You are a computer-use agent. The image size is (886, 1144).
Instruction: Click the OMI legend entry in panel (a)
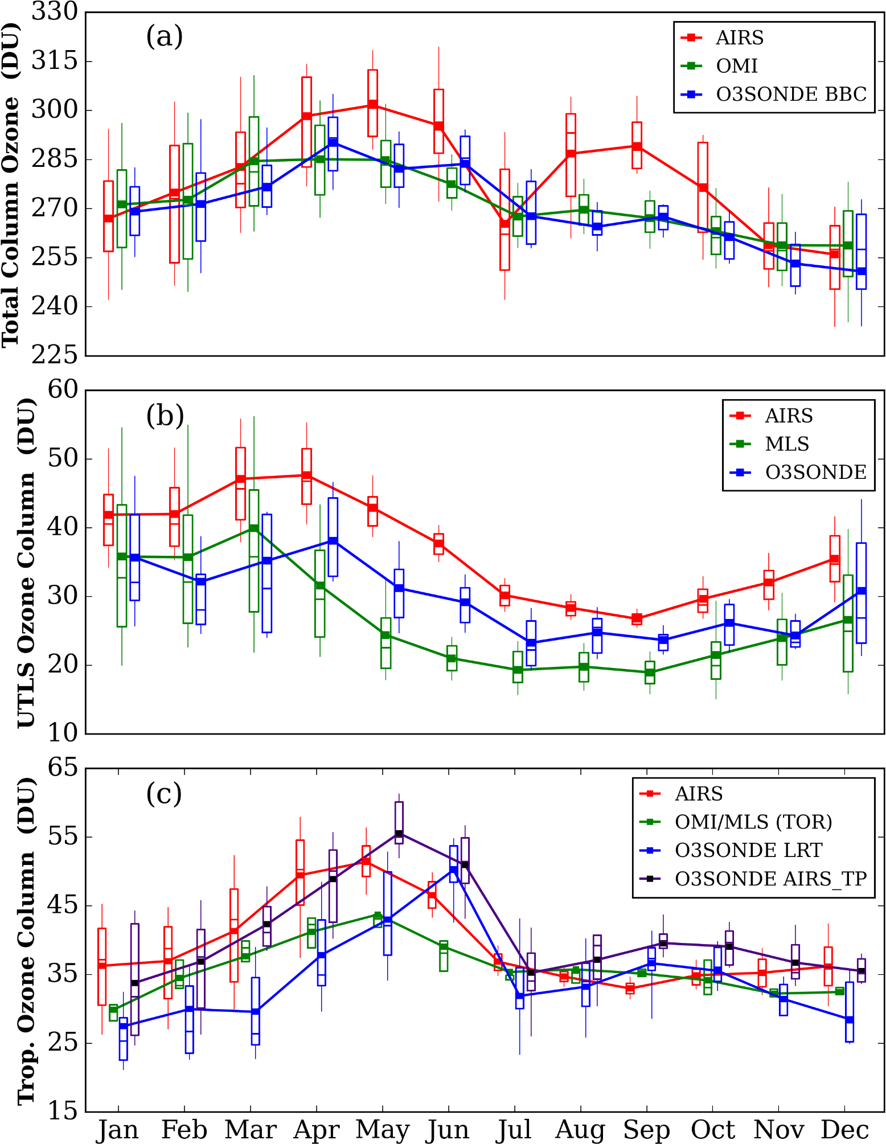[x=736, y=66]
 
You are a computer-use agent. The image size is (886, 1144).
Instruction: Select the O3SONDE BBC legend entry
[x=790, y=94]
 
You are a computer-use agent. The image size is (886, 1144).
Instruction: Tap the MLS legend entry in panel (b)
[x=786, y=444]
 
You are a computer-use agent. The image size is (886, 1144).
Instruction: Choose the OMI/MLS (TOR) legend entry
[x=753, y=822]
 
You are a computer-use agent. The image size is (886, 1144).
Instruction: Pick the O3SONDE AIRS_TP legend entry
[x=770, y=879]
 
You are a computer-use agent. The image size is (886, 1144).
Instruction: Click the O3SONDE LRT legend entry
[x=748, y=850]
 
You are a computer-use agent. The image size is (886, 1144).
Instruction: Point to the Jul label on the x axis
[x=514, y=1129]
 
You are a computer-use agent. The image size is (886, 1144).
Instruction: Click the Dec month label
[x=845, y=1129]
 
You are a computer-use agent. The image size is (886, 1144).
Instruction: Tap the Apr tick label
[x=316, y=1129]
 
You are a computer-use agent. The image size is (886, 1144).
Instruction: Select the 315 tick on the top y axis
[x=55, y=60]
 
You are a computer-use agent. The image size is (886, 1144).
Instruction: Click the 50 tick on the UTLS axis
[x=63, y=458]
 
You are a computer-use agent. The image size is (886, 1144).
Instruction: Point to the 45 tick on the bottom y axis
[x=63, y=905]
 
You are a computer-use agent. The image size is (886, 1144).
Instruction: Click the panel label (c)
[x=164, y=793]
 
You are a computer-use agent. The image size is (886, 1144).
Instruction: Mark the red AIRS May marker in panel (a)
[x=372, y=104]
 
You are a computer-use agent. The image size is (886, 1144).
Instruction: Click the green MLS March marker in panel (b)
[x=254, y=528]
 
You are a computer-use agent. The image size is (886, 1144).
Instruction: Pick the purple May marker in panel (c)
[x=399, y=834]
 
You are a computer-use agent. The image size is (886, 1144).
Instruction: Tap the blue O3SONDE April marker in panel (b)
[x=333, y=541]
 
